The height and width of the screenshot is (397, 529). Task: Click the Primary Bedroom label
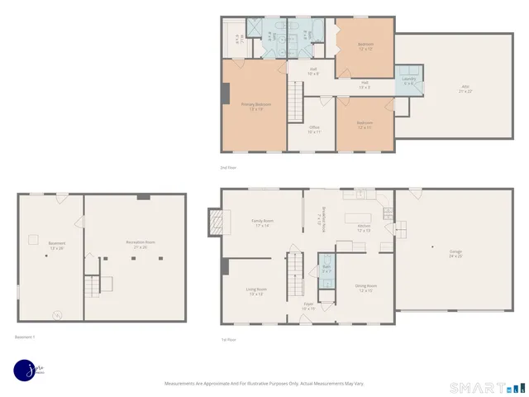click(x=256, y=105)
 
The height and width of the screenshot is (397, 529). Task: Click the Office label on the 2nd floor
click(x=314, y=128)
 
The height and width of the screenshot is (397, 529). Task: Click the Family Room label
click(x=263, y=222)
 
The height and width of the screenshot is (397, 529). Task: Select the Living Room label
click(x=255, y=290)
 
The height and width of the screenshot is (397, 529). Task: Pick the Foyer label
click(x=307, y=306)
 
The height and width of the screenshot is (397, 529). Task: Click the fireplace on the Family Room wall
click(x=217, y=222)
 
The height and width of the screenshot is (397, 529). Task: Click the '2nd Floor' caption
click(x=228, y=167)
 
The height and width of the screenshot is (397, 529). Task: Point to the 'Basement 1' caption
click(x=25, y=337)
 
